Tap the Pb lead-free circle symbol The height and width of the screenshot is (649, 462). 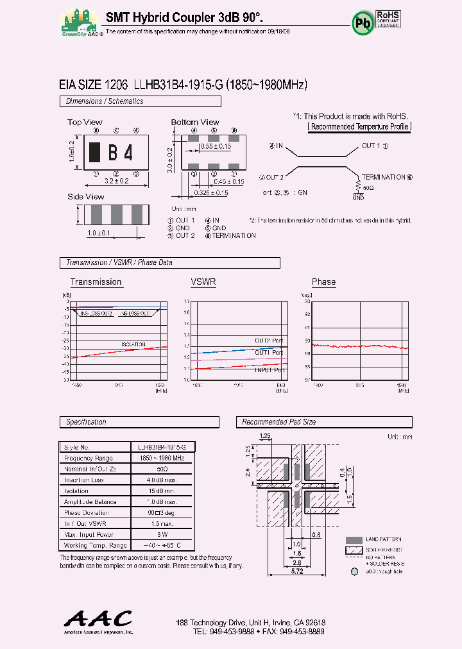(361, 22)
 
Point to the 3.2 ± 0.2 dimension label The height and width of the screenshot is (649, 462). (116, 182)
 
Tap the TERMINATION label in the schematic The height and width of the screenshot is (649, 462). (383, 177)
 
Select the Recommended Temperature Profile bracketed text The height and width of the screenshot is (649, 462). (359, 126)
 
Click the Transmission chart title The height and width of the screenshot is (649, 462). (96, 282)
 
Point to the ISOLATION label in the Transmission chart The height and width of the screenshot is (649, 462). (133, 344)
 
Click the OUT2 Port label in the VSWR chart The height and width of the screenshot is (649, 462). (268, 341)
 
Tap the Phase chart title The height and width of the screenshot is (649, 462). (323, 282)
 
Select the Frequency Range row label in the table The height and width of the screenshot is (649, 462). (89, 458)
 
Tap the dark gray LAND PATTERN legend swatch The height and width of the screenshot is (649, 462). (354, 540)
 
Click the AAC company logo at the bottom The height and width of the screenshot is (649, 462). (98, 619)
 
